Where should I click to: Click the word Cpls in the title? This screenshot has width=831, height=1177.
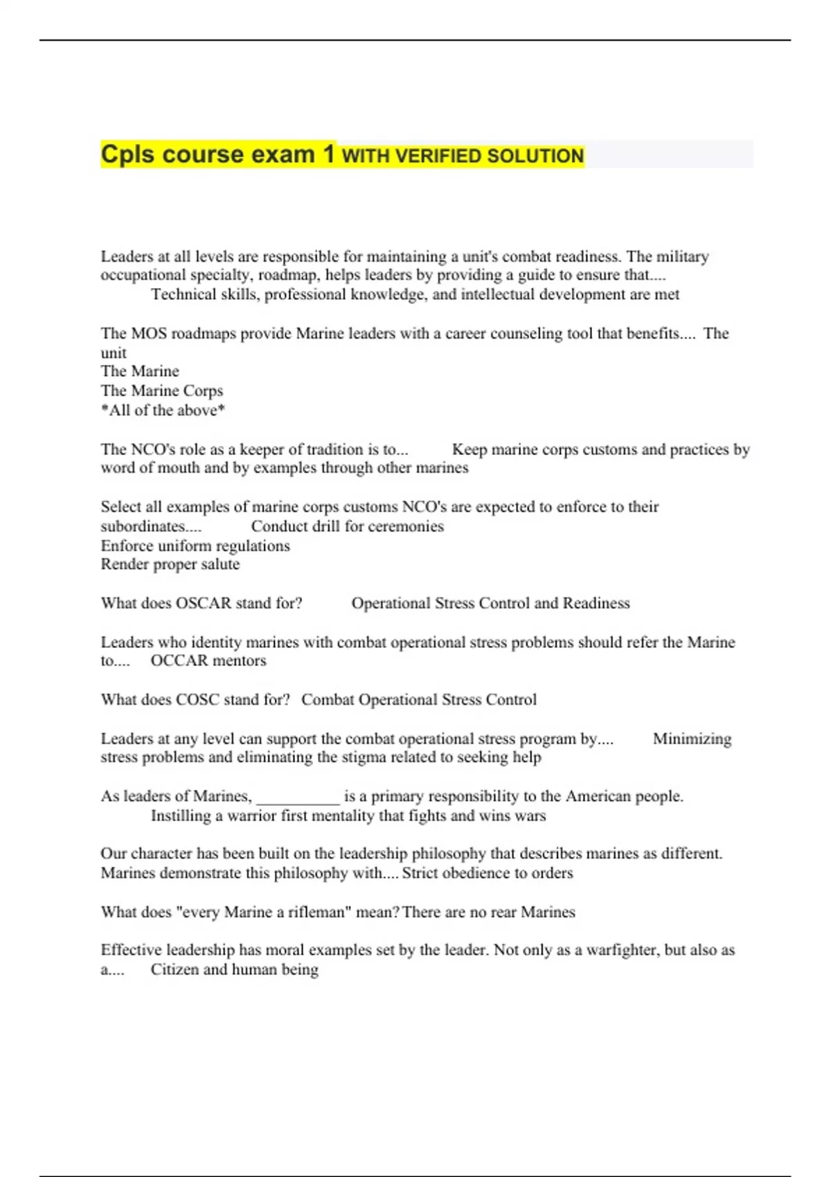click(128, 154)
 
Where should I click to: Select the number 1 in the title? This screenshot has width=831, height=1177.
click(328, 154)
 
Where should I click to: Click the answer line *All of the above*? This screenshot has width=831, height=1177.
click(163, 411)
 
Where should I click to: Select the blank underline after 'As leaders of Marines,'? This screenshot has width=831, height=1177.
click(298, 797)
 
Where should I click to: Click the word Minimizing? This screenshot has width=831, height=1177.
click(692, 739)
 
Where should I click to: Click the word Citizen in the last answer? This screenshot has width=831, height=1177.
click(175, 969)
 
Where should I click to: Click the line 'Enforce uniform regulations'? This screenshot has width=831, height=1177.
click(195, 546)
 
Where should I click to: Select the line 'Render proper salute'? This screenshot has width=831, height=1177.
click(170, 564)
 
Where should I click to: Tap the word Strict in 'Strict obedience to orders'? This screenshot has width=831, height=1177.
click(420, 873)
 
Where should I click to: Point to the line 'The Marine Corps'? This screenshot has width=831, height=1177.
click(162, 390)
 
